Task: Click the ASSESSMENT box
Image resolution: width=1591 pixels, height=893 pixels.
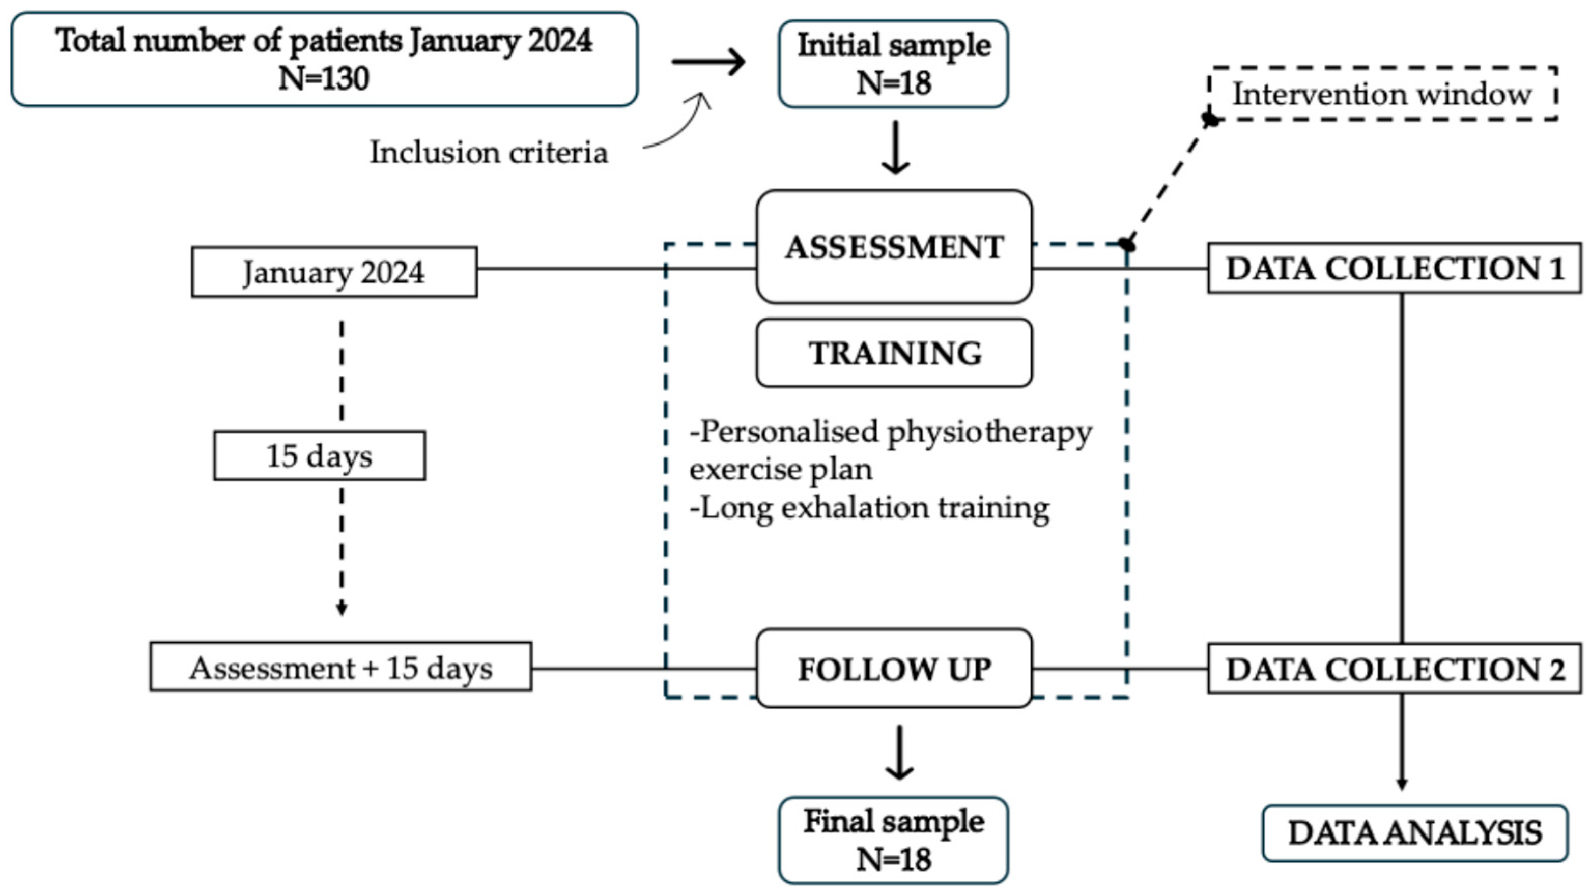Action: tap(894, 246)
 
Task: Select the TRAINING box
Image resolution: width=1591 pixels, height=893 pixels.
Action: tap(894, 353)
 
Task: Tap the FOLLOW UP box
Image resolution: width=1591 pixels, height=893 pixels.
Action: tap(894, 668)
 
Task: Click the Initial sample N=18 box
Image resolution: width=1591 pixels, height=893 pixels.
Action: tap(893, 64)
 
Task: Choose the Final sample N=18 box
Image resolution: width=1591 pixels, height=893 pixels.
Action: tap(893, 841)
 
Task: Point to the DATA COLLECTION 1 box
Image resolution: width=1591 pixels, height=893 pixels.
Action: tap(1395, 268)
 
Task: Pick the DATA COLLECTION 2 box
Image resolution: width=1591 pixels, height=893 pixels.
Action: tap(1395, 668)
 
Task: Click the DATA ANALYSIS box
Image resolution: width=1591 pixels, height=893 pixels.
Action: tap(1415, 833)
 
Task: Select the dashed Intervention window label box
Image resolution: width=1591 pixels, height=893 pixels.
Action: tap(1382, 93)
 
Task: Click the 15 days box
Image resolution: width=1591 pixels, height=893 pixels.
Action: tap(319, 456)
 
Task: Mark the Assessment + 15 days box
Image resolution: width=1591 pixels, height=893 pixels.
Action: tap(340, 667)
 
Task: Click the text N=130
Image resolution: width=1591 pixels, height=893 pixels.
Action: tap(324, 78)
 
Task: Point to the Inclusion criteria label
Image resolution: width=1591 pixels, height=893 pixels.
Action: tap(489, 152)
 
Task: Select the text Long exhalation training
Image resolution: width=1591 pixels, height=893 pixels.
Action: tap(875, 509)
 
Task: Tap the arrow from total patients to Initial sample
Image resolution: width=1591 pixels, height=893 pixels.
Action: tap(708, 62)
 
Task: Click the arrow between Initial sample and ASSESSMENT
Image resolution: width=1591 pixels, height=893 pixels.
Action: tap(895, 147)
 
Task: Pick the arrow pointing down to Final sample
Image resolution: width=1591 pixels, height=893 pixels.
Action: tap(900, 752)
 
